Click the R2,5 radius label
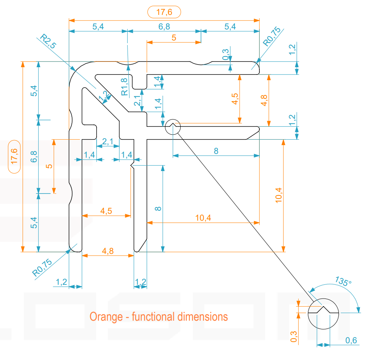(48, 41)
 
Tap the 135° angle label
(343, 281)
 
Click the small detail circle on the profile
(173, 127)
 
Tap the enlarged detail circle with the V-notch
(324, 313)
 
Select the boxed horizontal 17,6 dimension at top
(164, 12)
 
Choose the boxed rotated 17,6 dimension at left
(15, 157)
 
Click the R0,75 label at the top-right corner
(272, 36)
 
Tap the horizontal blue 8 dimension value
(216, 151)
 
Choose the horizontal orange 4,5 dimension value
(107, 211)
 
